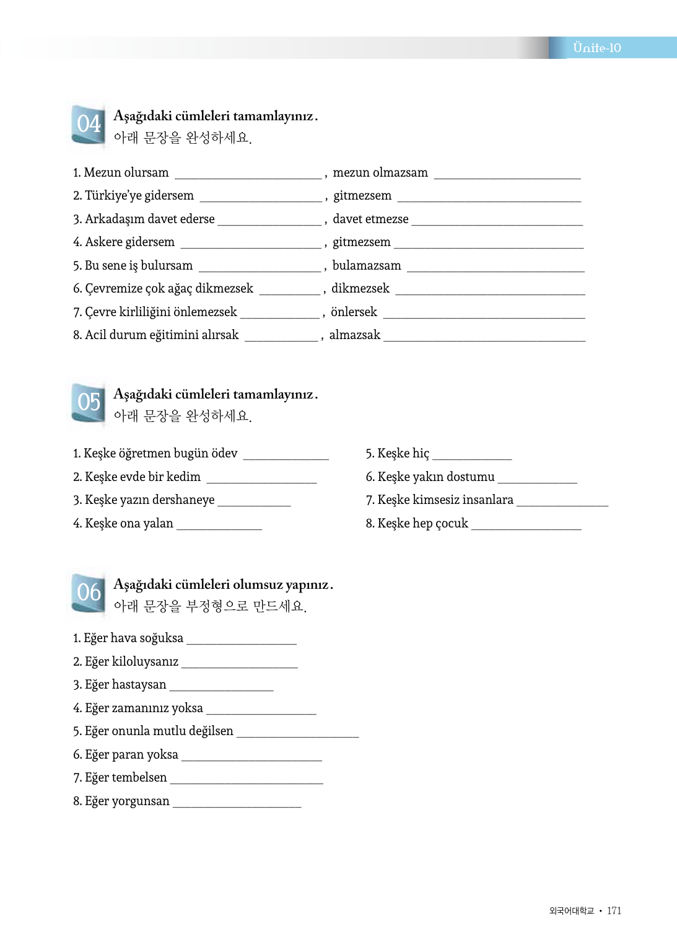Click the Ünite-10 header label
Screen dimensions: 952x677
pos(596,48)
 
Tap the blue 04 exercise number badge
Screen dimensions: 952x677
pos(89,125)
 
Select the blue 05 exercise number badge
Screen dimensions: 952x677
pos(89,403)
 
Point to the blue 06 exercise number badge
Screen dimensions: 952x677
pos(89,593)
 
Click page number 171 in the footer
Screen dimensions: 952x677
pos(614,910)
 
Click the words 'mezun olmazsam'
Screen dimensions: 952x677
pos(380,173)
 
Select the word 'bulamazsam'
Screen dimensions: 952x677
pos(367,266)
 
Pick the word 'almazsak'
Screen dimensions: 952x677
pos(355,335)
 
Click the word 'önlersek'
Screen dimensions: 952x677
pos(354,312)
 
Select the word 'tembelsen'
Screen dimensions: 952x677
pos(139,778)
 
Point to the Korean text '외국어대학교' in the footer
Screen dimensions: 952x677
pos(571,910)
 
